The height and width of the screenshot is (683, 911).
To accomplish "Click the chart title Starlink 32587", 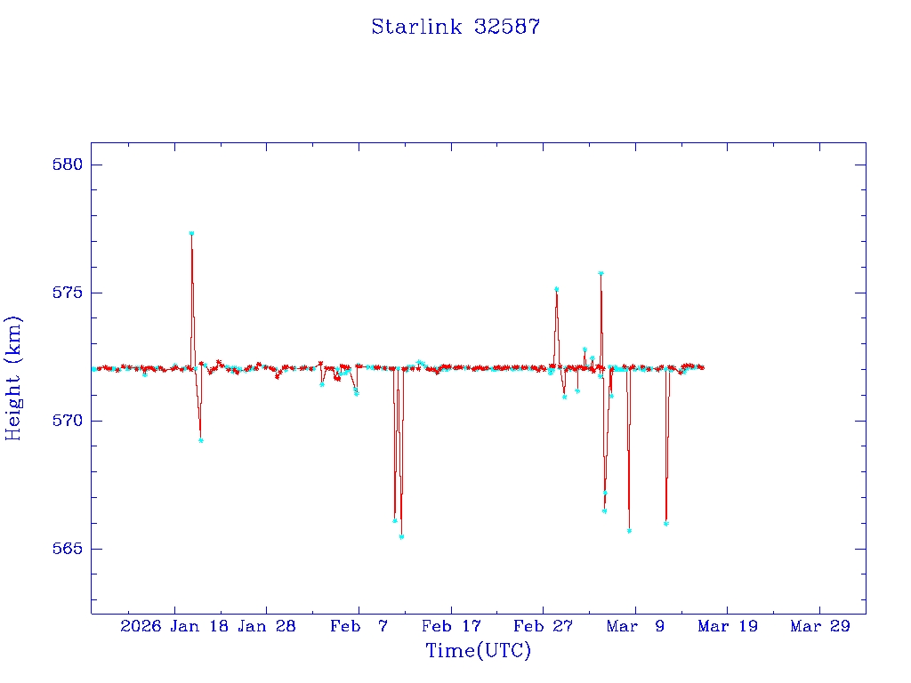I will click(x=455, y=27).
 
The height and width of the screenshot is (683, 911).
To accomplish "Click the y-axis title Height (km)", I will click(x=14, y=378).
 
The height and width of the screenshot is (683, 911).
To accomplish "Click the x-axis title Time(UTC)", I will click(x=478, y=651).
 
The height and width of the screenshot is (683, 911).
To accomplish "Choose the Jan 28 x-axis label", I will click(x=266, y=627).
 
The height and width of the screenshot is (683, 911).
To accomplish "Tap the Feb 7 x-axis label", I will click(x=359, y=627).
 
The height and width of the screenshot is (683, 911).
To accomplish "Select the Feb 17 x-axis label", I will click(x=450, y=627).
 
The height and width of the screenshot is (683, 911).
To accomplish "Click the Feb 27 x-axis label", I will click(x=543, y=627).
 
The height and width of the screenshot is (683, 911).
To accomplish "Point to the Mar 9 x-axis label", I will click(x=635, y=627).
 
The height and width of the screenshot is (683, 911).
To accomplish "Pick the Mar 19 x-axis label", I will click(x=727, y=627).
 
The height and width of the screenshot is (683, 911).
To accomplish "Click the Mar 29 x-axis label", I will click(x=819, y=627).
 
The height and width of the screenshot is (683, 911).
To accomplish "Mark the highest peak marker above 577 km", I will click(x=191, y=233).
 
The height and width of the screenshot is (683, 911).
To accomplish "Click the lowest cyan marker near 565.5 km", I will click(x=401, y=537).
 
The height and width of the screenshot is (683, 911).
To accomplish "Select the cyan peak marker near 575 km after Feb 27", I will click(x=556, y=289).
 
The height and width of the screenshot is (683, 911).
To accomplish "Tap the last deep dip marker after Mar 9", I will click(x=665, y=523).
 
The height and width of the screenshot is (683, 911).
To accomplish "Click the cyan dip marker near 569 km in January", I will click(x=201, y=440).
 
